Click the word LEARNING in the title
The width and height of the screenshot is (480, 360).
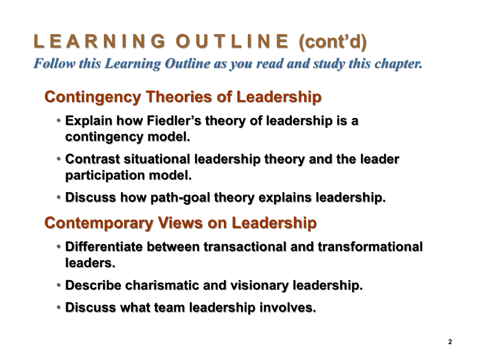(100, 41)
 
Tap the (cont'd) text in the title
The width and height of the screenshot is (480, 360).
(333, 42)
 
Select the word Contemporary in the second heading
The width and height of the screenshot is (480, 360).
(99, 223)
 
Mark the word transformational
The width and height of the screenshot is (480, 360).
(370, 247)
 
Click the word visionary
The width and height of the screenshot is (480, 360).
(260, 286)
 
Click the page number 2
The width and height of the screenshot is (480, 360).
(450, 342)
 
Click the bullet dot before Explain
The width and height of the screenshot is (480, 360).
(59, 121)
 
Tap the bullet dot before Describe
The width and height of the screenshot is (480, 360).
(59, 285)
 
